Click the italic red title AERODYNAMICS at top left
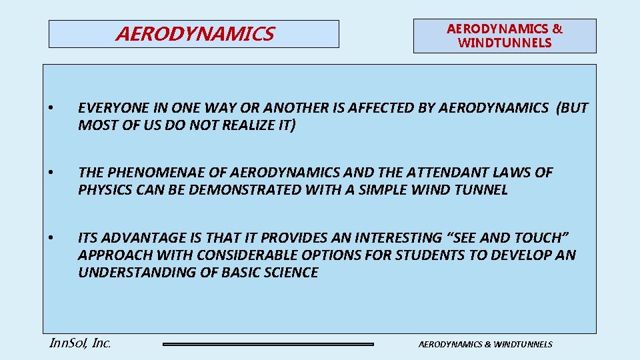pos(194,34)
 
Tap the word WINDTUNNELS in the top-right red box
pos(505,43)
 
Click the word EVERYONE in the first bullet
pos(110,108)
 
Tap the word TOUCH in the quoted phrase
pos(543,237)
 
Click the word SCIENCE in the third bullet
pos(290,272)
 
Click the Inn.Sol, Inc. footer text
pos(80,343)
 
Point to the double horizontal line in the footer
pos(268,344)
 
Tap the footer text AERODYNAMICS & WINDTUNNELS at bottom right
pos(485,344)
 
